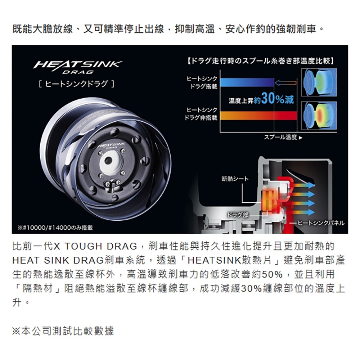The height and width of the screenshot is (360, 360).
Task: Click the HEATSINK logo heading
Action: click(77, 66)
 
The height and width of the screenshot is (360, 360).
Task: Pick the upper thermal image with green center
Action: click(319, 82)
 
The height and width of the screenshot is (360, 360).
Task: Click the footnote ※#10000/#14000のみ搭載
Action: click(55, 228)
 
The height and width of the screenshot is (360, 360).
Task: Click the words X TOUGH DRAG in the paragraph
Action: click(95, 247)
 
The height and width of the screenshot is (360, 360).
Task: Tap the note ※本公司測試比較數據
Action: click(63, 331)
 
